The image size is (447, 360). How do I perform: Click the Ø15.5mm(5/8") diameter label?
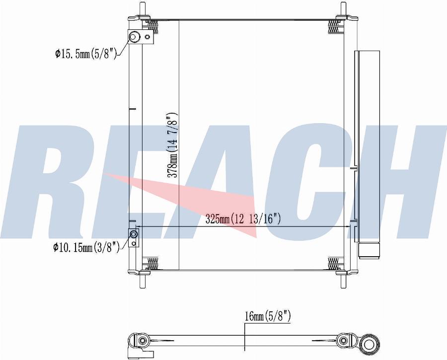tap(86, 53)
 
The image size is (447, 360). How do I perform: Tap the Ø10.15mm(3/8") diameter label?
tap(86, 247)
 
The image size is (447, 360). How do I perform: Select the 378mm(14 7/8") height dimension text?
tap(172, 145)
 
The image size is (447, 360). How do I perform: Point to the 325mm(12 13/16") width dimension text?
tap(243, 219)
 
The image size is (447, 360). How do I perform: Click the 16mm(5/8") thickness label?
tap(268, 317)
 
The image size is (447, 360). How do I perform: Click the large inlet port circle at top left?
tap(134, 37)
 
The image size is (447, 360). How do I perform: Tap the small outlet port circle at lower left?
tap(134, 234)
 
